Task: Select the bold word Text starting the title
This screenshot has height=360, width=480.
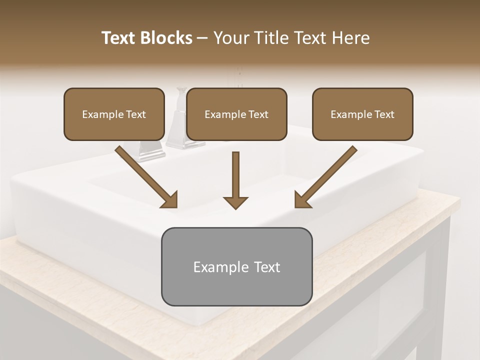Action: click(x=119, y=38)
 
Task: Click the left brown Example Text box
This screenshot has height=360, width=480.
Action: click(x=114, y=114)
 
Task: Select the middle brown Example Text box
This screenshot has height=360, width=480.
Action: click(x=236, y=114)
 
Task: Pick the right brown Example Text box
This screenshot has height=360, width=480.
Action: click(x=362, y=114)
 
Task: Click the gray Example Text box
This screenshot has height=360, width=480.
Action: click(x=236, y=266)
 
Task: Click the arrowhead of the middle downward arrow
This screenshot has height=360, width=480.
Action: click(x=235, y=202)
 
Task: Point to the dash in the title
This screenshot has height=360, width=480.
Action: click(x=202, y=38)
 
